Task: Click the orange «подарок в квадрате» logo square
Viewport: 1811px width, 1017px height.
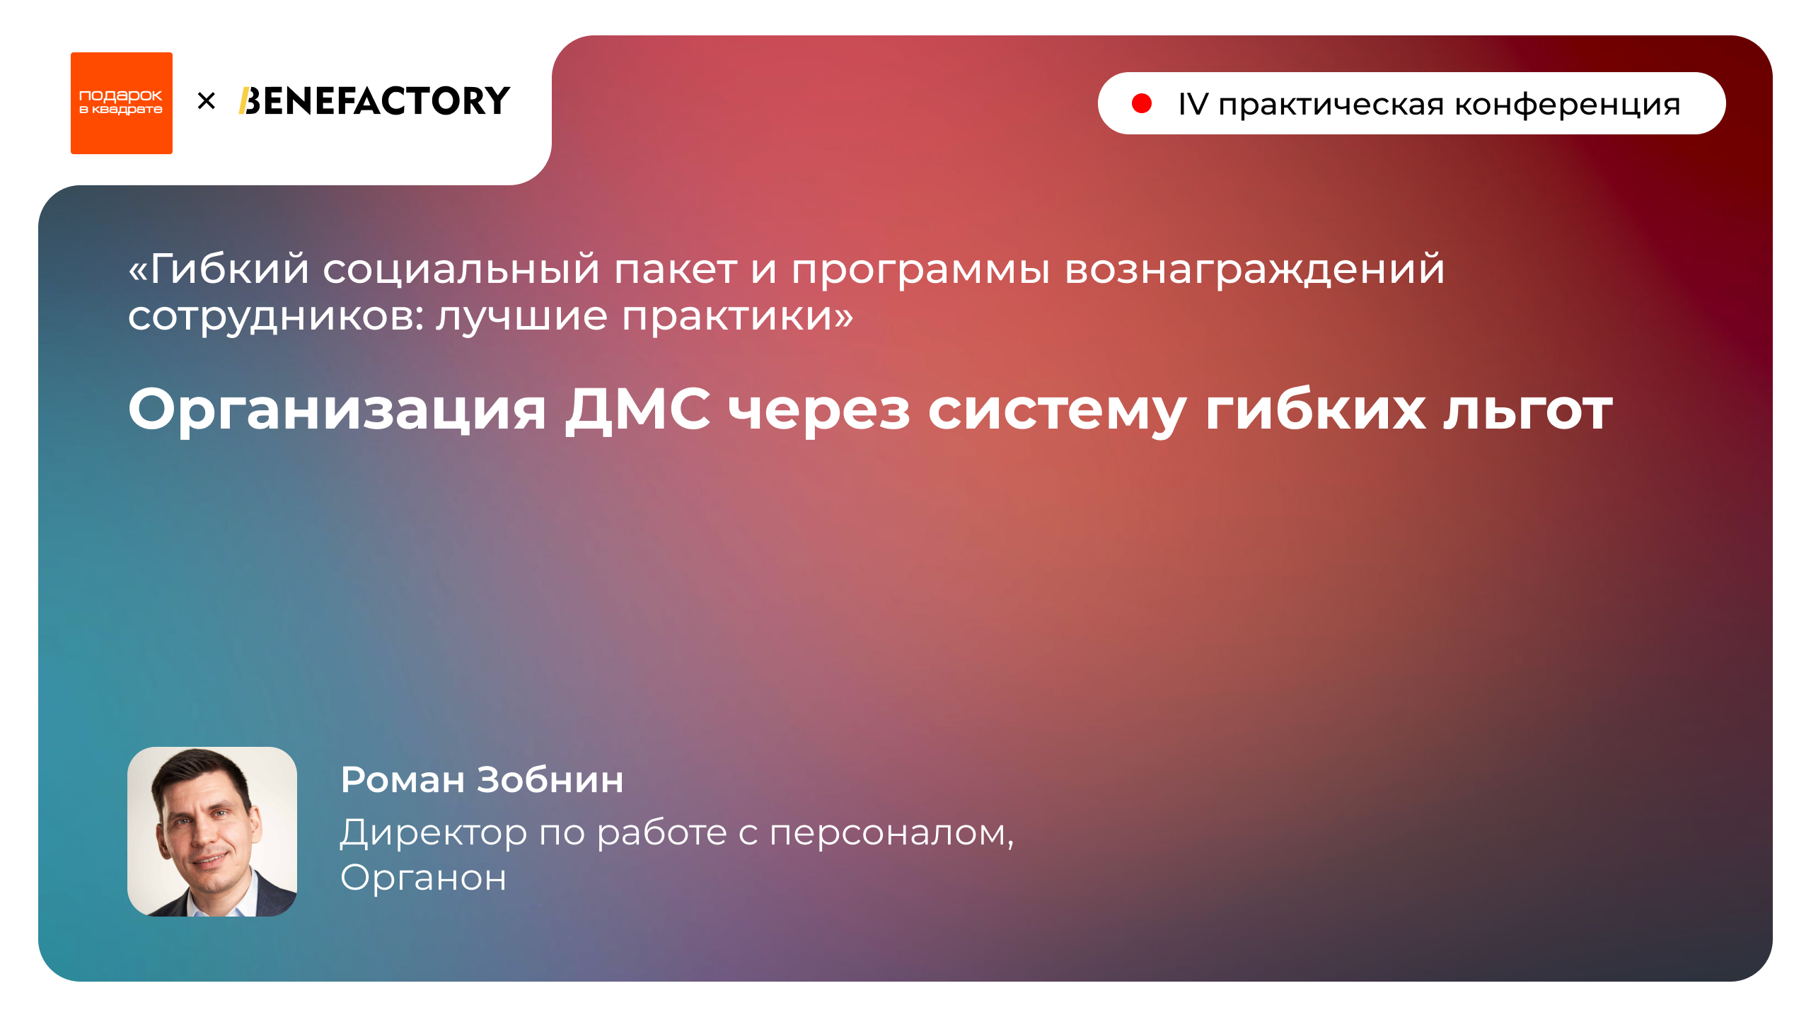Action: pos(121,103)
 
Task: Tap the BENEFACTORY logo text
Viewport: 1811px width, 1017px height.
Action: pos(374,101)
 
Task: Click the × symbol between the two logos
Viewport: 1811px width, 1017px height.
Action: pos(206,101)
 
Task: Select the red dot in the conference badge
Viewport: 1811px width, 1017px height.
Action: pos(1141,104)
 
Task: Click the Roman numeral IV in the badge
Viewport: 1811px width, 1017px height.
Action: pos(1193,105)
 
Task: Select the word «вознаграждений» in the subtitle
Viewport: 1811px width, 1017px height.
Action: pos(1254,269)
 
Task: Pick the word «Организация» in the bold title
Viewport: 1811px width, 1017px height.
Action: pos(337,410)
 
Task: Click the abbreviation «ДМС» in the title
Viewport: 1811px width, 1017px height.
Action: pos(637,410)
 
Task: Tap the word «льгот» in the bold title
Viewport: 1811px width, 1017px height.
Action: pos(1528,410)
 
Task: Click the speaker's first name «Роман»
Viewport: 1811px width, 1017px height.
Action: pos(403,779)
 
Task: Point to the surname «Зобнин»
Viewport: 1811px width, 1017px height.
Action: pos(550,779)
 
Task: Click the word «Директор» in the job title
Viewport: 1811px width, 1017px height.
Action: pos(433,832)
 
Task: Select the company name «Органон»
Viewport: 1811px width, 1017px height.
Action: pos(423,878)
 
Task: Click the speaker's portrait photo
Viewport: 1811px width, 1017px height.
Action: pos(212,831)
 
